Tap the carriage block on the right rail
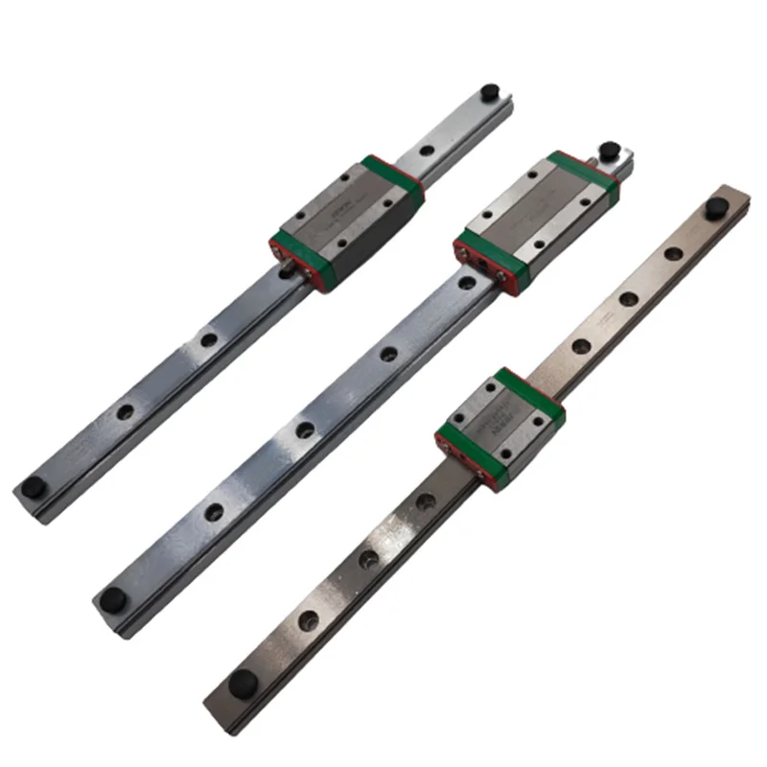tap(499, 422)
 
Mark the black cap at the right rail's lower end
tap(242, 685)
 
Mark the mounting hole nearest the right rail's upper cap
tap(674, 253)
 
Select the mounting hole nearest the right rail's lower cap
tap(310, 619)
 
